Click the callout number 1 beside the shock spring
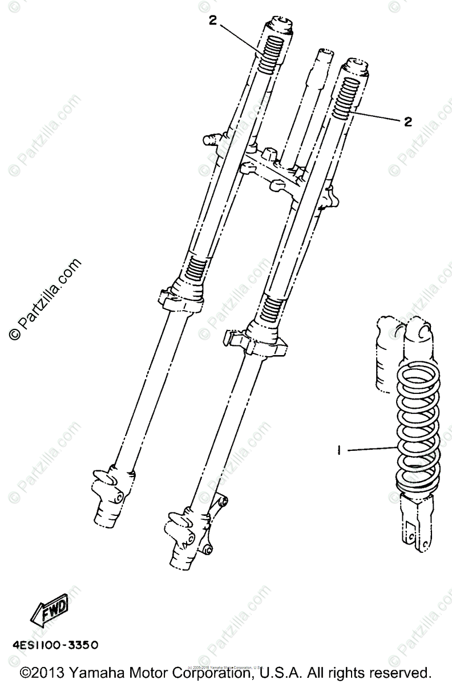pyautogui.click(x=339, y=450)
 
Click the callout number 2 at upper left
pyautogui.click(x=213, y=21)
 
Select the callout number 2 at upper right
pyautogui.click(x=407, y=121)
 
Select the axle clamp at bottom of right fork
pyautogui.click(x=185, y=533)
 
